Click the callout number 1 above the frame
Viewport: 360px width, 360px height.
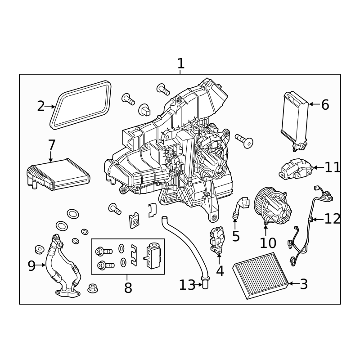point(181,63)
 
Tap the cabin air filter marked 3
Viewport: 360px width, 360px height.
point(261,276)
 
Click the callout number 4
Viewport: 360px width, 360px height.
point(220,271)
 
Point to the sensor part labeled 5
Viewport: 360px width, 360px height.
point(241,206)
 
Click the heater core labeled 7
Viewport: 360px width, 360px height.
point(58,174)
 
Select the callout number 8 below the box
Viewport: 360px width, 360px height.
point(128,288)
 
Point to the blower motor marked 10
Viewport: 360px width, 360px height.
point(273,206)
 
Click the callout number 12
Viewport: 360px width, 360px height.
point(332,219)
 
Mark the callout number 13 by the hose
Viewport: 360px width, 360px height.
point(187,285)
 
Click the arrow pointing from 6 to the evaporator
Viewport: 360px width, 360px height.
point(314,104)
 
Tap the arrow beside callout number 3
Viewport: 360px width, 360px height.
point(294,283)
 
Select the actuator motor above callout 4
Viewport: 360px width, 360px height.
point(217,239)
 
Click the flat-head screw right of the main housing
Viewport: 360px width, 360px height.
point(244,140)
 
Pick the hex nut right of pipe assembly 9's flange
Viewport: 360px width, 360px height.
point(93,288)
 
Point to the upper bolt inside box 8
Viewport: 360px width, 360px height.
point(104,252)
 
